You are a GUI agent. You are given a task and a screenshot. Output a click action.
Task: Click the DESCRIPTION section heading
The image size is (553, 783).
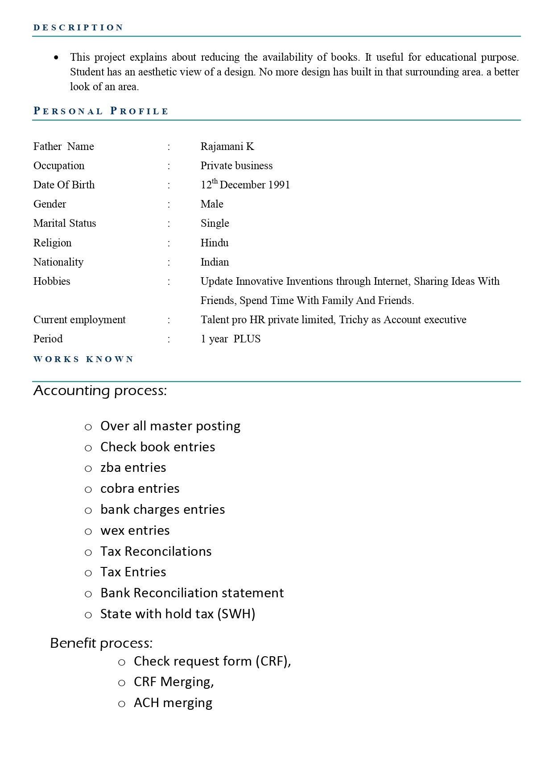point(78,28)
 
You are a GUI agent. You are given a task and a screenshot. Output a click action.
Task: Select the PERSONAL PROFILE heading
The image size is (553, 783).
point(101,111)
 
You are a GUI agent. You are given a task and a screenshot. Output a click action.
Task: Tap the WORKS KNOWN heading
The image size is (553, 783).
point(83,359)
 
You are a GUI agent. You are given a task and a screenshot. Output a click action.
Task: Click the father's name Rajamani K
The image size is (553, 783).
point(227,146)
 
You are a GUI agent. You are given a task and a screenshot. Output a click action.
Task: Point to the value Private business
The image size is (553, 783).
point(236,166)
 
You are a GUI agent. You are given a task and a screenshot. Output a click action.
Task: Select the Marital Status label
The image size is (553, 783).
point(65,223)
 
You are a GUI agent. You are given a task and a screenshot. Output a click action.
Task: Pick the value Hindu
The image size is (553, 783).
point(215,243)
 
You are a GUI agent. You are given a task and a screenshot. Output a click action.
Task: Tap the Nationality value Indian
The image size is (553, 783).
point(215,262)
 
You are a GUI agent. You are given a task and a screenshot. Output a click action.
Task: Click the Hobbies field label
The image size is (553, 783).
point(52,281)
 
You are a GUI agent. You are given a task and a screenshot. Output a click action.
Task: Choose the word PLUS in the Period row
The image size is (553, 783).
point(247,339)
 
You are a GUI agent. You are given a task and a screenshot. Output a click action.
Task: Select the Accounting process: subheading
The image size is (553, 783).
point(100,391)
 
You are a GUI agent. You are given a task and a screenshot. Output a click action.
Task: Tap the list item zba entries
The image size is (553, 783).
point(133,467)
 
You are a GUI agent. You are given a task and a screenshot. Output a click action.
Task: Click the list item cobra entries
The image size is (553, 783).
point(140,488)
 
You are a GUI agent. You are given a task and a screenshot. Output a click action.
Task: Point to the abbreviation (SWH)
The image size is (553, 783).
point(236,614)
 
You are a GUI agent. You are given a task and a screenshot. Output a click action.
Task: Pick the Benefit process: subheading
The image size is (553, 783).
point(101,643)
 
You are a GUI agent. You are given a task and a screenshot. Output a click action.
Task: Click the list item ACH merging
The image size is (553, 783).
point(173,703)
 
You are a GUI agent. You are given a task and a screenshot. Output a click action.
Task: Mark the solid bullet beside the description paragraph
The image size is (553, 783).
point(56,58)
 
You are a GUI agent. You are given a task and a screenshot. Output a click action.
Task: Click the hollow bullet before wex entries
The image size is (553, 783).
point(88,531)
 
